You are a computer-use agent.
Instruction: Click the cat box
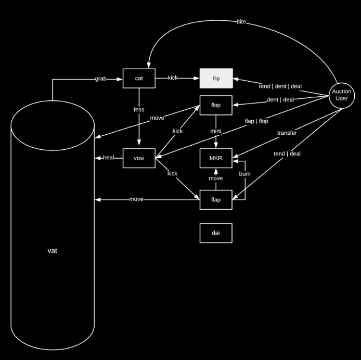[x=139, y=78]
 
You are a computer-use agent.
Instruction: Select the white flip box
[x=216, y=78]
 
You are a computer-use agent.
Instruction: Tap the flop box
[x=216, y=105]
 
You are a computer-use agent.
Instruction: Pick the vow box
[x=139, y=158]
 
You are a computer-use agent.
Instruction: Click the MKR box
[x=216, y=158]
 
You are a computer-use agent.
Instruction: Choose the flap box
[x=216, y=200]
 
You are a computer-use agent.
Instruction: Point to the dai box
[x=216, y=233]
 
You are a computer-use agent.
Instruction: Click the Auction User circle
[x=341, y=95]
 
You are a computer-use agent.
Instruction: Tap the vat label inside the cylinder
[x=52, y=251]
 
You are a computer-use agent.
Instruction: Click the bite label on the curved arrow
[x=241, y=22]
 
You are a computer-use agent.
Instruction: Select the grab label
[x=101, y=79]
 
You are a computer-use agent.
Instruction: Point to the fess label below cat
[x=139, y=110]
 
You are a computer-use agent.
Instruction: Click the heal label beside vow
[x=109, y=158]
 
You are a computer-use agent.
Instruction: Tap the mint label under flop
[x=216, y=132]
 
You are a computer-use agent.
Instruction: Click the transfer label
[x=287, y=133]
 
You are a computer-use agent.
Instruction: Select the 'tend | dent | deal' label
[x=280, y=86]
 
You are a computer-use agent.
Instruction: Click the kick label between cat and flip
[x=173, y=78]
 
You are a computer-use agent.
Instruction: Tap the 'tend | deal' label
[x=287, y=154]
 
